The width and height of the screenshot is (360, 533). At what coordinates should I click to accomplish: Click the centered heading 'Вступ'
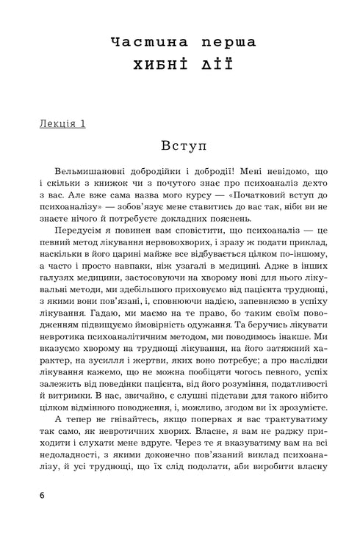[x=180, y=145]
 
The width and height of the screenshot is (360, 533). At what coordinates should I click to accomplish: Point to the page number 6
[x=43, y=493]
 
